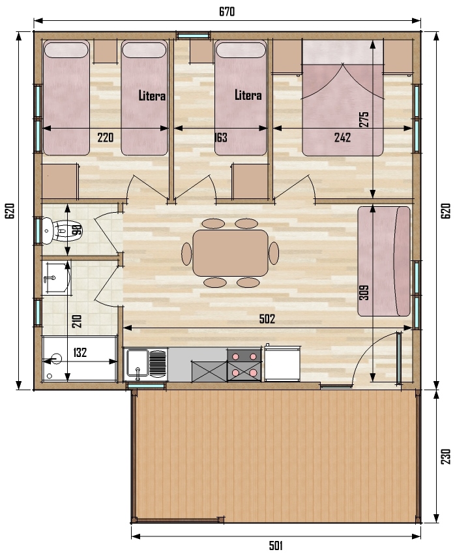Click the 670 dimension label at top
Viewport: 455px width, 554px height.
(227, 11)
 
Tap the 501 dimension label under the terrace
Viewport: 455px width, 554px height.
(276, 545)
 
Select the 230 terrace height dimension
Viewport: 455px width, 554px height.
(446, 456)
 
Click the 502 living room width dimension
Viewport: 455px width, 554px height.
(267, 318)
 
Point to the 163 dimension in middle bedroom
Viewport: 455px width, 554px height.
(221, 138)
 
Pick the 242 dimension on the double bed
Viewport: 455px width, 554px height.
(342, 138)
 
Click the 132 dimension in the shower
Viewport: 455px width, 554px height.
(80, 352)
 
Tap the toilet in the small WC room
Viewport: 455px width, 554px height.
(60, 231)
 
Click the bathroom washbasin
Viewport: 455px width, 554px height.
(57, 278)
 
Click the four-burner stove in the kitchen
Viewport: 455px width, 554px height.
(244, 365)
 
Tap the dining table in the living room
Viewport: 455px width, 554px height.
(231, 253)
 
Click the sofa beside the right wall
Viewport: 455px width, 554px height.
(384, 262)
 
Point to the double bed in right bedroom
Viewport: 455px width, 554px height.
(343, 98)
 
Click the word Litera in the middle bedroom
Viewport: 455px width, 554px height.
(248, 95)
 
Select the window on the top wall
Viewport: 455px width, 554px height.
(193, 35)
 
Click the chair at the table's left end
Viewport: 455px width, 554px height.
(186, 253)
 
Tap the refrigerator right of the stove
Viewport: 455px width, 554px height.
(282, 363)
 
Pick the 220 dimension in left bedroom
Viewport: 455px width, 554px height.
(106, 138)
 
